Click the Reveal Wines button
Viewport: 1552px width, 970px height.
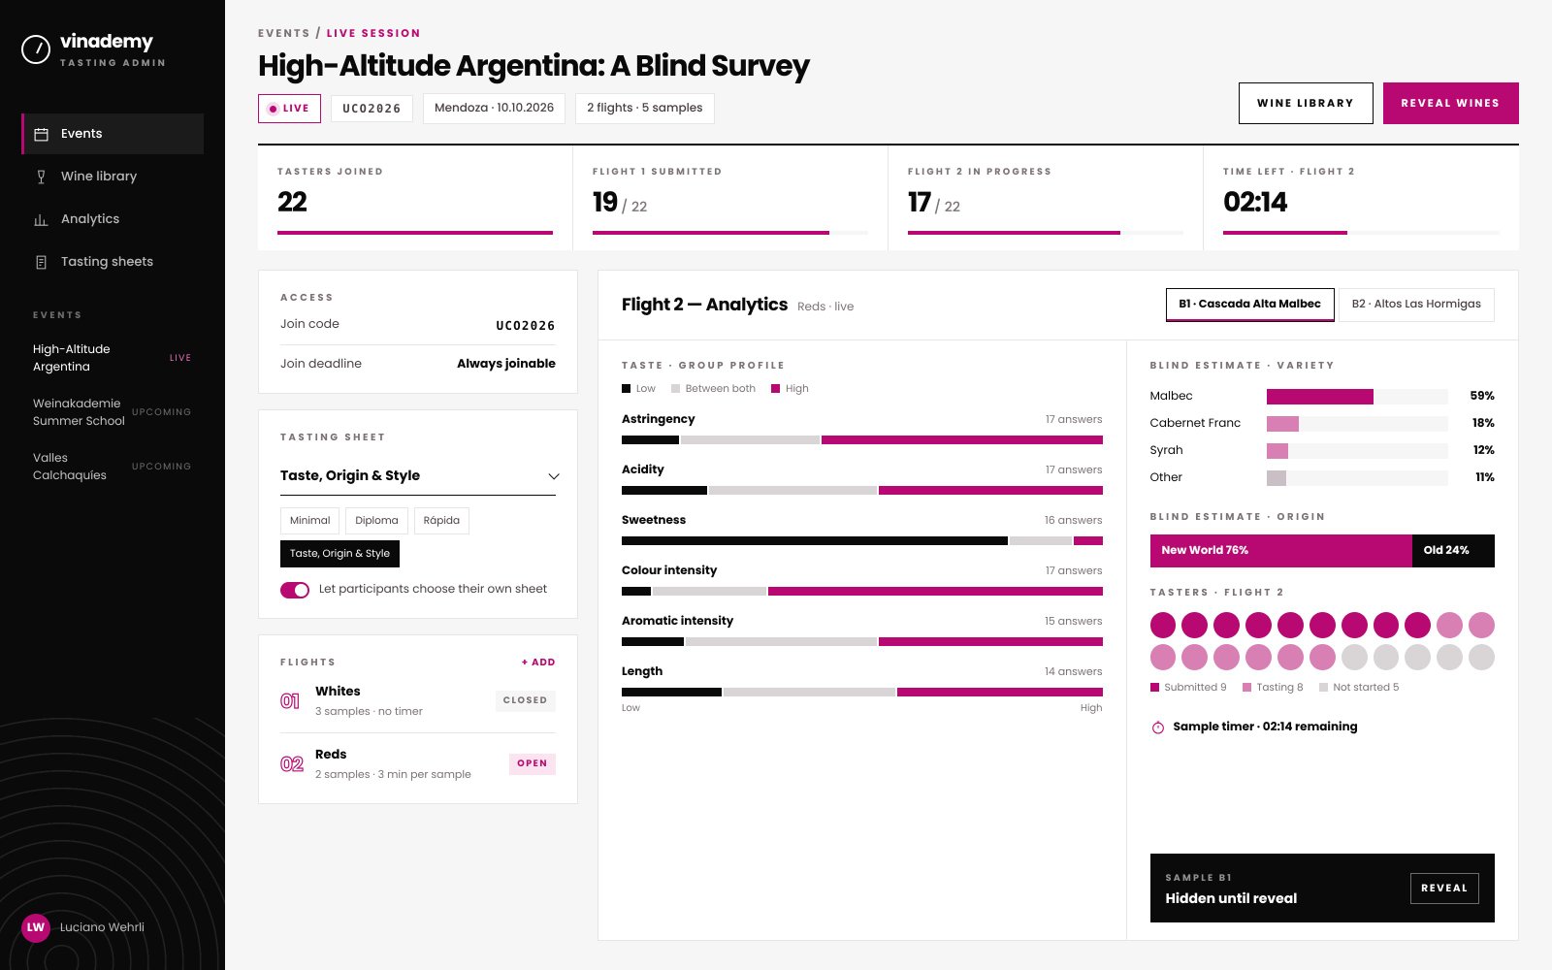click(1450, 103)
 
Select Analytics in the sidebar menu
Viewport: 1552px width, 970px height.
click(90, 219)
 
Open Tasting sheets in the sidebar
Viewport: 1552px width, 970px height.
click(107, 262)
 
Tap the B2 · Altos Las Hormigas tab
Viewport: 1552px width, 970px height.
click(1416, 305)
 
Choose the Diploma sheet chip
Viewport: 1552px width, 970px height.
click(376, 520)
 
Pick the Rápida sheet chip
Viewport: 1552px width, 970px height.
click(441, 520)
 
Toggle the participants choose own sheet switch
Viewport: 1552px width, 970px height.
click(295, 590)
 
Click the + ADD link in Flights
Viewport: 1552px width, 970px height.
click(538, 663)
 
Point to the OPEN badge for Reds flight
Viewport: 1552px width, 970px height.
click(533, 763)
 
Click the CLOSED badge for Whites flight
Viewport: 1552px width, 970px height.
click(525, 700)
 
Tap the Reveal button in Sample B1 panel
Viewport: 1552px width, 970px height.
click(1444, 889)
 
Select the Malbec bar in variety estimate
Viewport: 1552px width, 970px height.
click(1320, 397)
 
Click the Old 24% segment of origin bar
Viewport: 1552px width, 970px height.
click(1453, 551)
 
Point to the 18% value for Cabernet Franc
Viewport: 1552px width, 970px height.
click(1483, 423)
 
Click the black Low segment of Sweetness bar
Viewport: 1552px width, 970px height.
click(814, 541)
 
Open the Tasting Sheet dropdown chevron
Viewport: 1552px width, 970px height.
click(554, 476)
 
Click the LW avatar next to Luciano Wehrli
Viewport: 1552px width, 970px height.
click(35, 927)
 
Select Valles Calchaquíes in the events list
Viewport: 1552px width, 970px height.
click(69, 467)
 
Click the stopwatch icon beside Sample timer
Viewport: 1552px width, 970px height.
click(1158, 727)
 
